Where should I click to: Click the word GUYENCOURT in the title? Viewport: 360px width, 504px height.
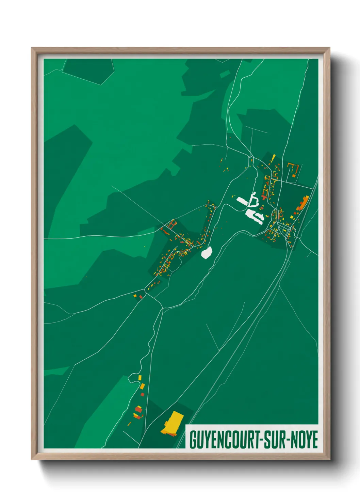(223, 440)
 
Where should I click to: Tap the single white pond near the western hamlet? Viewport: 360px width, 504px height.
(207, 253)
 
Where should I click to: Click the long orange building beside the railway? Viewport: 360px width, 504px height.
(302, 203)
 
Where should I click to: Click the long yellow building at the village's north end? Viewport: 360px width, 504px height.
(273, 158)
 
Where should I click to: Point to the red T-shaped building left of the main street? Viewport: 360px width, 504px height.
(264, 196)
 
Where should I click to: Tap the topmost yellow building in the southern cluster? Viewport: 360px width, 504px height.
(140, 378)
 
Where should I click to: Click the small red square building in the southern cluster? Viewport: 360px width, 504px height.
(143, 394)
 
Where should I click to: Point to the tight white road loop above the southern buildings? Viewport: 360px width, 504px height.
(132, 378)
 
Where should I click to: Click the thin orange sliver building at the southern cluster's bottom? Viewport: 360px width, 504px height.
(129, 424)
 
